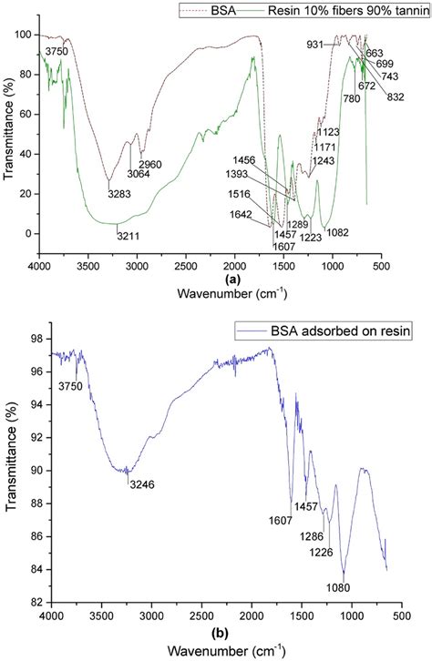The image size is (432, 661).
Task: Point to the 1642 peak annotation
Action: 242,216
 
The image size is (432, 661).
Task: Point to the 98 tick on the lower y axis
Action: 36,339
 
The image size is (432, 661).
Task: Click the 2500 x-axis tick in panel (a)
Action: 186,266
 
